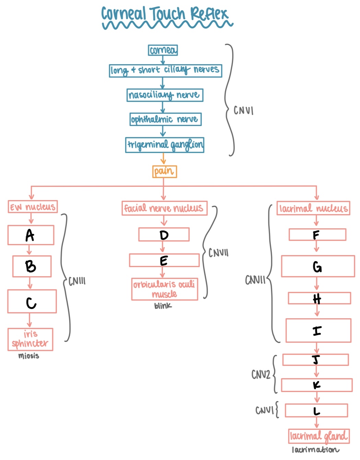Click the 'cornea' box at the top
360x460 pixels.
pyautogui.click(x=163, y=50)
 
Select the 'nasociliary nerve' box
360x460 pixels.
pyautogui.click(x=165, y=95)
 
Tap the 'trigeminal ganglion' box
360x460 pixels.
pyautogui.click(x=165, y=145)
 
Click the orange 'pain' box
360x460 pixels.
pyautogui.click(x=164, y=171)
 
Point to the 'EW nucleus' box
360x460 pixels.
pyautogui.click(x=33, y=207)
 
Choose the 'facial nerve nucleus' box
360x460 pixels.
pyautogui.click(x=164, y=208)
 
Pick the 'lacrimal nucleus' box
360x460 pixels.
pyautogui.click(x=313, y=208)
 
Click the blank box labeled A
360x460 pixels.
pyautogui.click(x=31, y=235)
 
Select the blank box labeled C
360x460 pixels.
pyautogui.click(x=32, y=301)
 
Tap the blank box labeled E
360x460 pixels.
pyautogui.click(x=164, y=261)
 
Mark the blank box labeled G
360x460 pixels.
pyautogui.click(x=318, y=266)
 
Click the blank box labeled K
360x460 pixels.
pyautogui.click(x=316, y=385)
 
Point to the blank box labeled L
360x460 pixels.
pyautogui.click(x=316, y=411)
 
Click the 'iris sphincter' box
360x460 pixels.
pyautogui.click(x=30, y=340)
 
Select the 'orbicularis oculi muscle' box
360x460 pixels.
pyautogui.click(x=164, y=289)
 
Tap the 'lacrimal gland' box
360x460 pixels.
pyautogui.click(x=319, y=436)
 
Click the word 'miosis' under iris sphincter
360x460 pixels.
pyautogui.click(x=29, y=356)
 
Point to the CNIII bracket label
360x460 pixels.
pyautogui.click(x=77, y=281)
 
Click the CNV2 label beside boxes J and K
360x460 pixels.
pyautogui.click(x=261, y=375)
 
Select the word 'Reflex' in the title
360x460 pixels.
pyautogui.click(x=209, y=14)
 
